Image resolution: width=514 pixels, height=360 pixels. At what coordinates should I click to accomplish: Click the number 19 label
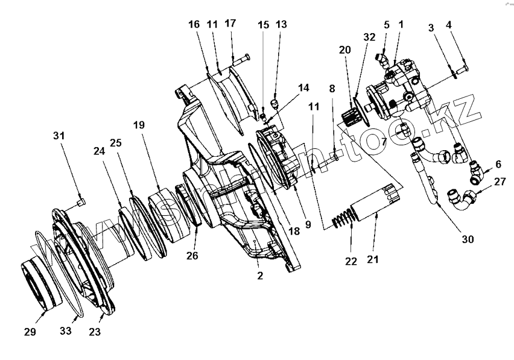click(x=139, y=125)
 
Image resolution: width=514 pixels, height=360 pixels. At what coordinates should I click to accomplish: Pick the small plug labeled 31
click(x=83, y=200)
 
